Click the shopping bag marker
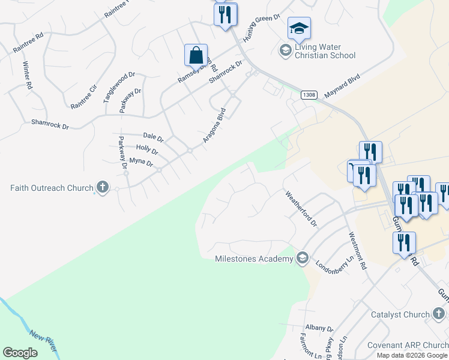click(x=196, y=55)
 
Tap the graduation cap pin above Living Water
click(x=299, y=28)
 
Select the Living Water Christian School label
click(x=325, y=51)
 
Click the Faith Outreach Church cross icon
click(x=102, y=188)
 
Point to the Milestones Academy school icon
click(x=303, y=259)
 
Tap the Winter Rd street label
click(x=27, y=75)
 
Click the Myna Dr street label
click(x=141, y=163)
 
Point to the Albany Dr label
click(x=319, y=328)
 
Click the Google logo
click(x=20, y=353)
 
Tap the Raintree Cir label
click(x=83, y=97)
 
